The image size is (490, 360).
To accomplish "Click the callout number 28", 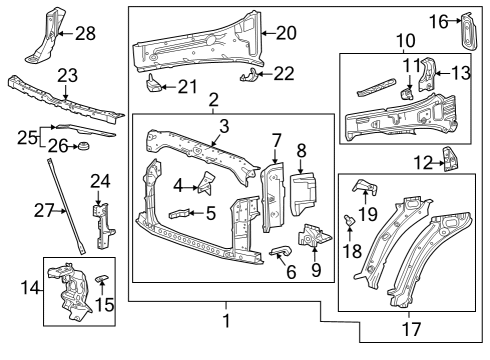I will tap(85, 34).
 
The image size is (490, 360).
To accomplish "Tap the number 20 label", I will tap(286, 32).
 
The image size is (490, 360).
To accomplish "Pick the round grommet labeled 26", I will tap(82, 149).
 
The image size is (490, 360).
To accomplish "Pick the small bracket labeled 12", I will tap(450, 160).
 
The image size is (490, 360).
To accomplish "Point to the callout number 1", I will tap(226, 321).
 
